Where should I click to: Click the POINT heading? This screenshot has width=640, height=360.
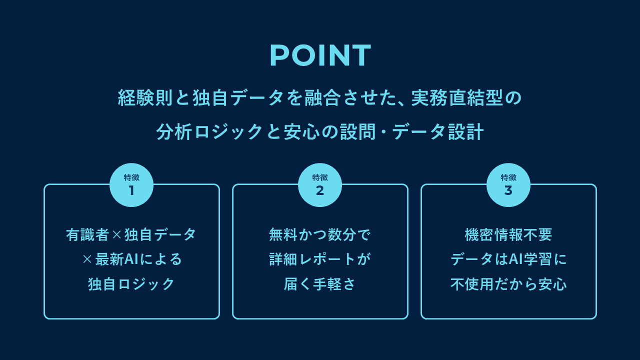(320, 55)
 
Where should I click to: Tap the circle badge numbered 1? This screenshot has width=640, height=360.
(131, 185)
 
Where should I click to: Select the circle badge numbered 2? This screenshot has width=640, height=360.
(320, 185)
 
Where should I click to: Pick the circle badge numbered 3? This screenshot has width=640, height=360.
(508, 185)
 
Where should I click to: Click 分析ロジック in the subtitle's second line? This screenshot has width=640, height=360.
(209, 132)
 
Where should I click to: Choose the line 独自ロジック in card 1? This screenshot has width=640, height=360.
(131, 284)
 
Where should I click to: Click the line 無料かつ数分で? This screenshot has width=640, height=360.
(320, 234)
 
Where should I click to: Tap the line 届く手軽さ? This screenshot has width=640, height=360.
(320, 284)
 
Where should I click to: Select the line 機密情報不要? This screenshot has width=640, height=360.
(508, 234)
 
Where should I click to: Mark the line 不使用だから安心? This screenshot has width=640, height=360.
(508, 284)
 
